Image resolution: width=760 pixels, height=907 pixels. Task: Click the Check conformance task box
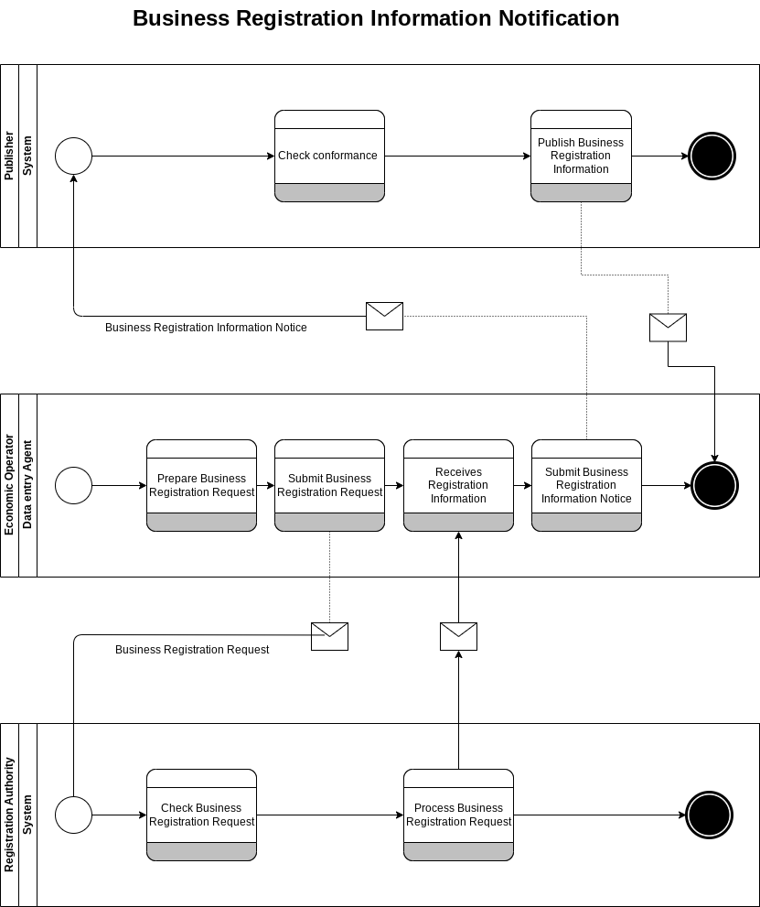329,156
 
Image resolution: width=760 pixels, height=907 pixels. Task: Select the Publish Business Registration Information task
581,156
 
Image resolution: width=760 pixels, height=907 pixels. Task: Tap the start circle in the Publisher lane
74,156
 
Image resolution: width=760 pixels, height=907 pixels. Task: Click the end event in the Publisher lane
712,156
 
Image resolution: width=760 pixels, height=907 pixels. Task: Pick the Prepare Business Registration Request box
201,485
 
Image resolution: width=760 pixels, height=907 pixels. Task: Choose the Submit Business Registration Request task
329,485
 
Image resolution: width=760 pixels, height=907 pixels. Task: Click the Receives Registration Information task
458,485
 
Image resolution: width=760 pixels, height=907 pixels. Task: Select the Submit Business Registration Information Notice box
586,485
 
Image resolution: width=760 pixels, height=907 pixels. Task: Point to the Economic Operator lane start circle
74,485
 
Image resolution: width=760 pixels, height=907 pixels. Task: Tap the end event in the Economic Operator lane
714,485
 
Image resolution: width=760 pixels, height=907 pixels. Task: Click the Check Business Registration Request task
201,815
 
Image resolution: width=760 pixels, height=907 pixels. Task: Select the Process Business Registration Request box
458,815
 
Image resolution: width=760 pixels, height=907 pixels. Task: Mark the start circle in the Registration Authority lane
74,815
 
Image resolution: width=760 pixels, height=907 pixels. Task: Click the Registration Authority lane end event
710,815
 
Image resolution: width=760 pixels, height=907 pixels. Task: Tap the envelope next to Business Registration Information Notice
384,316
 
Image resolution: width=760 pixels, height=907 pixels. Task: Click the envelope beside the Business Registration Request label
329,636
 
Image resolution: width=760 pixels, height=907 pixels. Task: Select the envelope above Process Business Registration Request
458,636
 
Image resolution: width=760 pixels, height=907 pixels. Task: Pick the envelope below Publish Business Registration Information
668,328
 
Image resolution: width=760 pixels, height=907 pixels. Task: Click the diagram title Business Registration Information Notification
376,18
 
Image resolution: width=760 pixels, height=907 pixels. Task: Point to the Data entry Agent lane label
27,485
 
